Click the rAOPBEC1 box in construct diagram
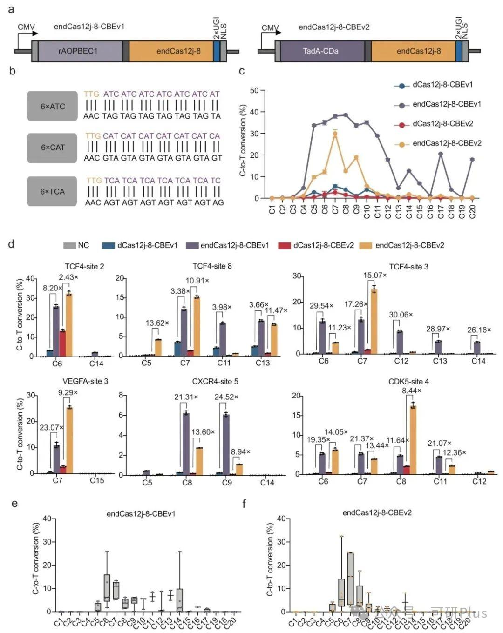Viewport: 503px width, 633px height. (78, 51)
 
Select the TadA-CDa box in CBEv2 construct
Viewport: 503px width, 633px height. (320, 51)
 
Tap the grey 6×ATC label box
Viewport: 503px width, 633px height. (52, 106)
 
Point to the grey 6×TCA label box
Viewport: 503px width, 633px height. (52, 191)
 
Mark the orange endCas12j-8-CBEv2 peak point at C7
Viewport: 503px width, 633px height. (335, 134)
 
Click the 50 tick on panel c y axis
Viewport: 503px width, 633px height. (254, 90)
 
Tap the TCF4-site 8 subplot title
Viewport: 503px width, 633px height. (212, 266)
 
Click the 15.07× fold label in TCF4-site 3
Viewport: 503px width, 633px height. (375, 276)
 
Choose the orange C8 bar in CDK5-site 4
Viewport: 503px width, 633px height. (413, 439)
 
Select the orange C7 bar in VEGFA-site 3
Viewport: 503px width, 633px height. (69, 440)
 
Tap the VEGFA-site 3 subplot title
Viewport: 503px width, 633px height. (85, 381)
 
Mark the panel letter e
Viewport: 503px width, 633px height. (14, 503)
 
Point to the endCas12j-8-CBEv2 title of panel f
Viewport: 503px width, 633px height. (377, 513)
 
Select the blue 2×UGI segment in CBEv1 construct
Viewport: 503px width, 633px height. (217, 51)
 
